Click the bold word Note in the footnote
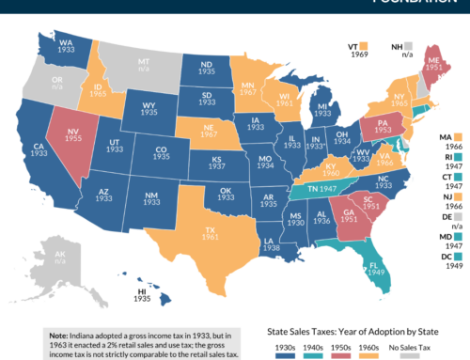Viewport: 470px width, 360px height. (x=58, y=334)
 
